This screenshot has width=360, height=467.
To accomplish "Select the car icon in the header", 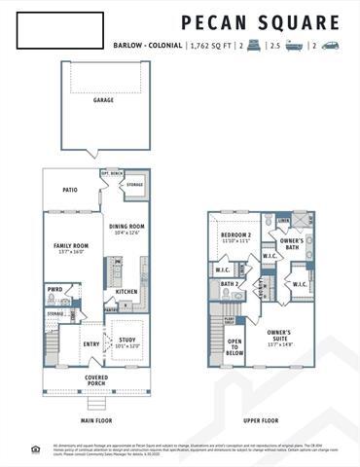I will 330,45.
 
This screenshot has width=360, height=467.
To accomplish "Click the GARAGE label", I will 103,99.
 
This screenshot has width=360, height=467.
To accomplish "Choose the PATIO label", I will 70,191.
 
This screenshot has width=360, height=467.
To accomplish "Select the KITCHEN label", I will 127,291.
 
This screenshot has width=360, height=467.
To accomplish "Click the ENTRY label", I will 91,343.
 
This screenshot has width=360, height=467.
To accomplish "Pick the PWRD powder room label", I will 55,289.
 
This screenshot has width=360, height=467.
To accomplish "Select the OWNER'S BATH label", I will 291,242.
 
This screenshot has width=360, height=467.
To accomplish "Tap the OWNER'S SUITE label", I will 286,335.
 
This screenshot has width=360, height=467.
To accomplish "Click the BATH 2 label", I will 230,283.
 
